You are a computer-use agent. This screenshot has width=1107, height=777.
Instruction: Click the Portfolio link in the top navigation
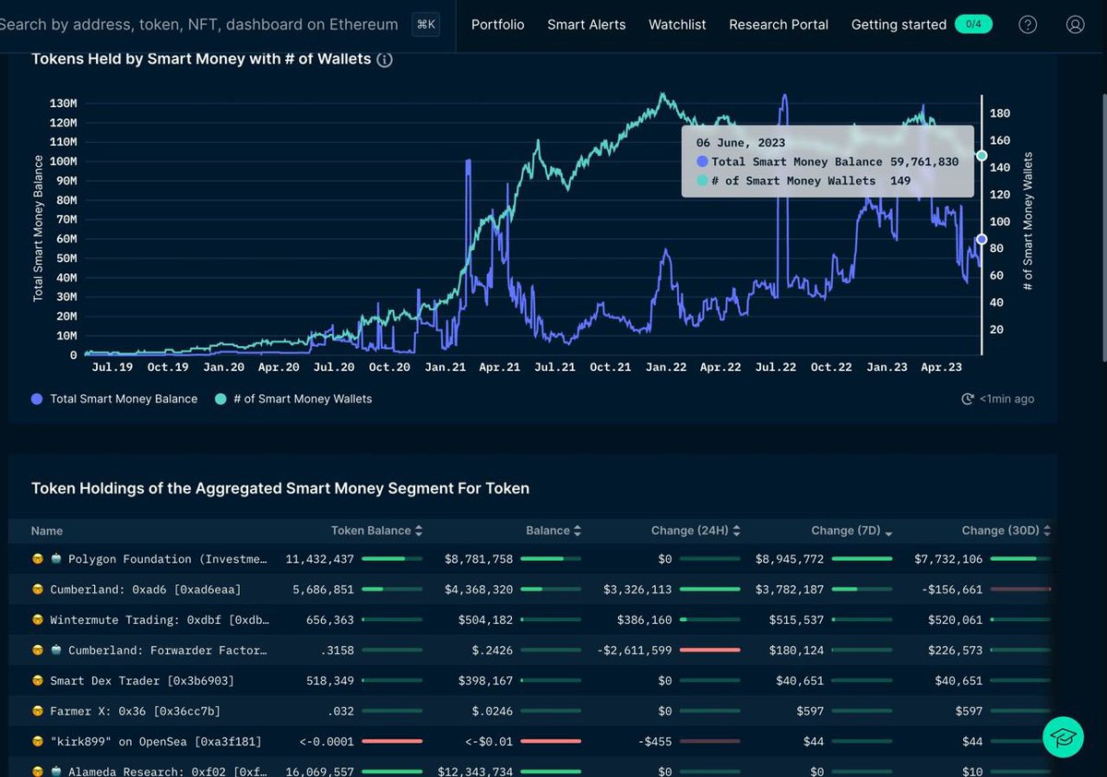497,25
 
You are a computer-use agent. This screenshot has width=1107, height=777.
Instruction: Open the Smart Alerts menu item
586,25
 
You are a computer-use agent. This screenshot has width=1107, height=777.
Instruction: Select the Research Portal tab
778,25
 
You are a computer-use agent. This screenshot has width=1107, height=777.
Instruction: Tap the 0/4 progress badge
973,24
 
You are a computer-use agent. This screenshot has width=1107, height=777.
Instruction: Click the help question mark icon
1028,25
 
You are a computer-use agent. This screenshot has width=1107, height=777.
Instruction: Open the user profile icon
1075,25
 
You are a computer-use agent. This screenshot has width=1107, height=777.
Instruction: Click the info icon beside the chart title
385,60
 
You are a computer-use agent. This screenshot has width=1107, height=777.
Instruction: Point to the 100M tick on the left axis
63,161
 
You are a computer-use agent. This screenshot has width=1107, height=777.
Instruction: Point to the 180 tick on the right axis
999,114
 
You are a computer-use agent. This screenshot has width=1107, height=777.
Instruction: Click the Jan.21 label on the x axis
445,367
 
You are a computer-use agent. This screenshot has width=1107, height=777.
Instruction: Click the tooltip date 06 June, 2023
740,142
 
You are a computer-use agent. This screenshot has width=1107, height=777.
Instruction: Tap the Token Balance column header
371,531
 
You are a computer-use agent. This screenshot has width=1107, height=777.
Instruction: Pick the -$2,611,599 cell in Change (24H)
635,651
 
